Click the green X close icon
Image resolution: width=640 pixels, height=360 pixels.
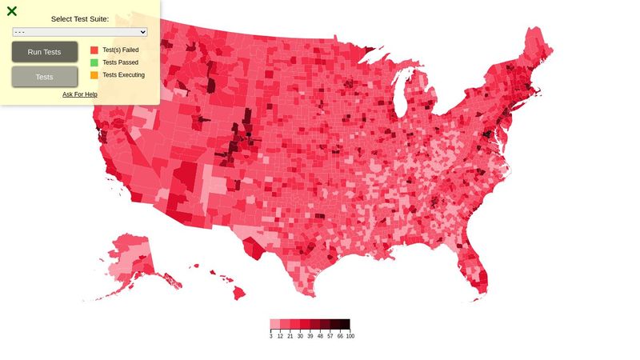(x=12, y=11)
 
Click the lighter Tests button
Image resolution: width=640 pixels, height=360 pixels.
(x=45, y=77)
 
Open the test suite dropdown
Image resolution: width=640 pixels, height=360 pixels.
(x=80, y=32)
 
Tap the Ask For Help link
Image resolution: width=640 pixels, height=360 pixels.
(x=80, y=94)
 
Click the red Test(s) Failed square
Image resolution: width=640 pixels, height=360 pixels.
(x=94, y=50)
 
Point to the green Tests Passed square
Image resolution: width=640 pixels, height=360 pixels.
(x=94, y=62)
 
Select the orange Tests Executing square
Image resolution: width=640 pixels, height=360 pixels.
(x=94, y=75)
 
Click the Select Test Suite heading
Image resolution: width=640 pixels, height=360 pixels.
(x=80, y=18)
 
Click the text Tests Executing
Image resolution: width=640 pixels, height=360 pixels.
(x=124, y=75)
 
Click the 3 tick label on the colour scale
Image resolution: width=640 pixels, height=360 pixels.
(x=270, y=337)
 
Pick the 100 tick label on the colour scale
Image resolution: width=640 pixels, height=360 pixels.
(x=350, y=337)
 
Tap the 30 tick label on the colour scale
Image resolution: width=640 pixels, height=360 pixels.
(x=300, y=337)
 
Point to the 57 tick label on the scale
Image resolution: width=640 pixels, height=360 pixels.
(x=330, y=337)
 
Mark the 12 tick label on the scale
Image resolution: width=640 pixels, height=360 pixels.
(x=280, y=337)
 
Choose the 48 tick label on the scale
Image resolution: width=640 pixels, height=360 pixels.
(x=320, y=337)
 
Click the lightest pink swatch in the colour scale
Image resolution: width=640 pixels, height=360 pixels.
(x=275, y=325)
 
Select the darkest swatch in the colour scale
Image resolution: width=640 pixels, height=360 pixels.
(x=345, y=325)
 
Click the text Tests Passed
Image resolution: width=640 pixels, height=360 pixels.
(x=121, y=62)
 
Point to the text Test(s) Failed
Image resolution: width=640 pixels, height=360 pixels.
(x=121, y=50)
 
